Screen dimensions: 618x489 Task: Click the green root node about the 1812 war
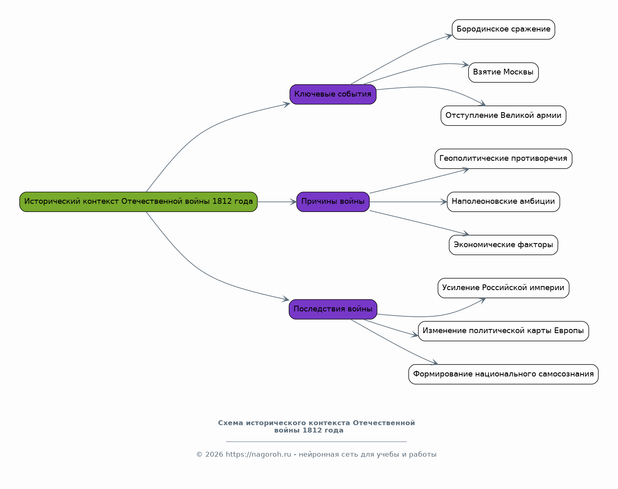click(x=139, y=202)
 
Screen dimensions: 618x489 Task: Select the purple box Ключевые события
click(x=333, y=95)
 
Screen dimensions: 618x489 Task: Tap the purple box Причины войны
click(x=333, y=202)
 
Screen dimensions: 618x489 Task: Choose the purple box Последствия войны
click(x=333, y=309)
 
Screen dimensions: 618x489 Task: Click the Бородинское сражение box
click(x=503, y=29)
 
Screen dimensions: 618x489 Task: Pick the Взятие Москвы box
click(x=503, y=72)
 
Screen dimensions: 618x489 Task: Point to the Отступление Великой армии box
click(x=503, y=115)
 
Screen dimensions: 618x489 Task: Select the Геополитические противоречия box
click(x=503, y=159)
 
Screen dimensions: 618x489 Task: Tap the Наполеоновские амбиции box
click(x=503, y=202)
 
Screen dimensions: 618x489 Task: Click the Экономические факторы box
click(x=503, y=245)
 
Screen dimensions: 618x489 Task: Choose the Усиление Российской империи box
click(x=503, y=288)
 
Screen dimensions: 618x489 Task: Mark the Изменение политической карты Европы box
click(x=503, y=331)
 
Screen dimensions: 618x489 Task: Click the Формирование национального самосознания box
click(x=503, y=374)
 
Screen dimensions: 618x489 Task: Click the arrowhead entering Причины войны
click(x=293, y=202)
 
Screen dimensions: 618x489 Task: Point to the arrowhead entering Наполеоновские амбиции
click(x=444, y=202)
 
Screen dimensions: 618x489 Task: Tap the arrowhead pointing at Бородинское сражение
click(x=449, y=36)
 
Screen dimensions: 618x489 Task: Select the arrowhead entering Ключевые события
click(x=286, y=104)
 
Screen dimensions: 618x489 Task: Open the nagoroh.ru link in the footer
click(x=259, y=455)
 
